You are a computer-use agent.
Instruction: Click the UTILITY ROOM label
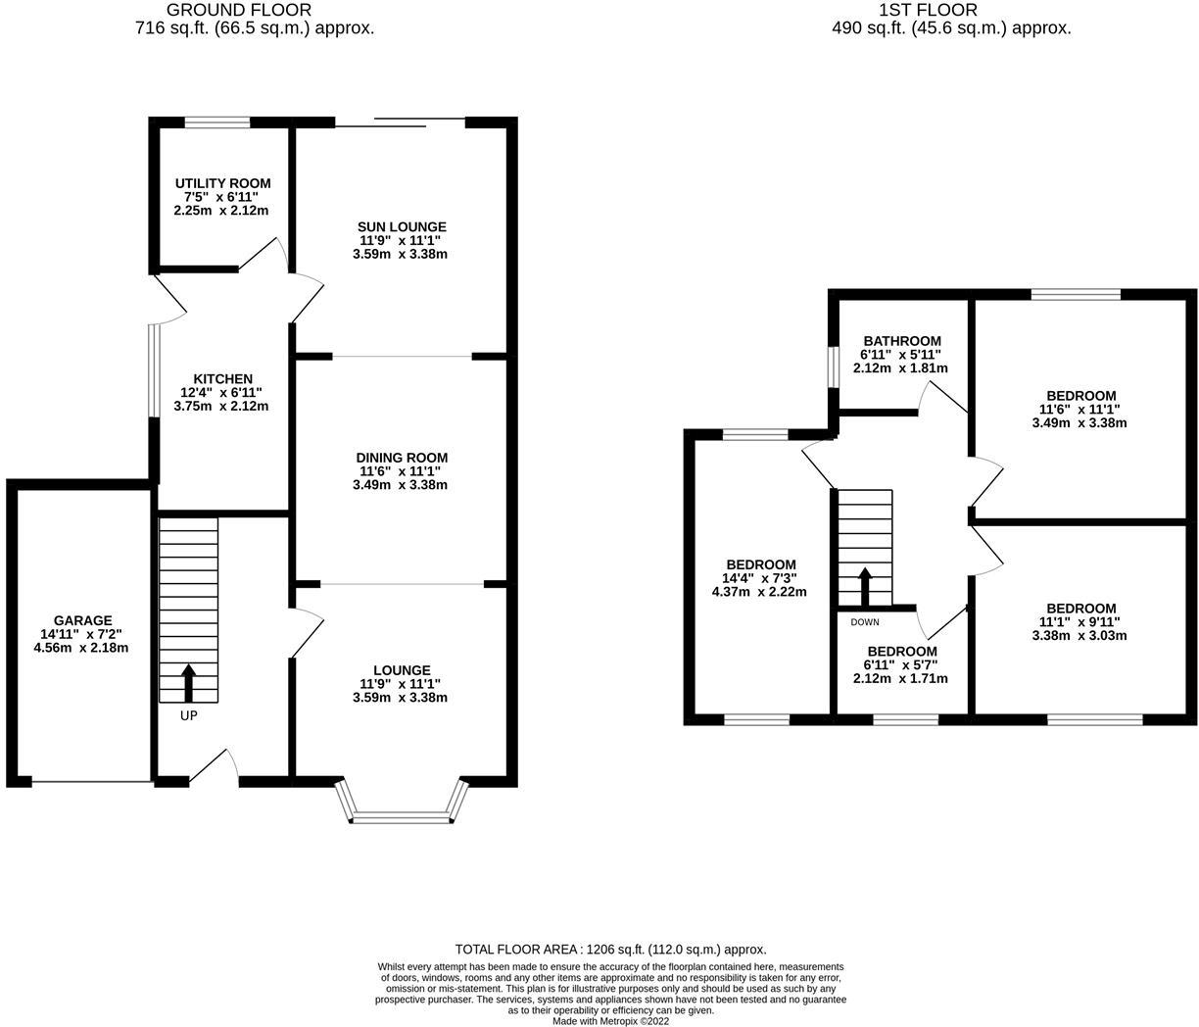[x=222, y=183]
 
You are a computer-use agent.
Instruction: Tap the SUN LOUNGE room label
[x=402, y=227]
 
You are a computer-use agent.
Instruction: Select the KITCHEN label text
[x=222, y=379]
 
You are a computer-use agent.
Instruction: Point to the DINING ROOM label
[x=402, y=458]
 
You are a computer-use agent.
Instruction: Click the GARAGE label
[x=83, y=620]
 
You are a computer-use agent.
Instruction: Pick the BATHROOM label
[x=902, y=341]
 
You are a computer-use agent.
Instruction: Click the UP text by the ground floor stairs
[x=188, y=716]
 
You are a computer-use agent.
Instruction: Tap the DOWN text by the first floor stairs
[x=864, y=622]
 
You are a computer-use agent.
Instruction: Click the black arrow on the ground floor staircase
[x=188, y=683]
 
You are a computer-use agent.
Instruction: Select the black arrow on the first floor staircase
[x=864, y=587]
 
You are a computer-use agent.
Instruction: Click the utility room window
[x=217, y=122]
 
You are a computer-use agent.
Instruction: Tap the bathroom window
[x=834, y=367]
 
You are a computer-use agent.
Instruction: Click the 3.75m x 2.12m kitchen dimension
[x=221, y=406]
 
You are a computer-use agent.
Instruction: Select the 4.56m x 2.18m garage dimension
[x=81, y=648]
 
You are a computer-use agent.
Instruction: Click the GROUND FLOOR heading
[x=238, y=10]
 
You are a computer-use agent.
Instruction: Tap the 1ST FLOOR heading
[x=928, y=10]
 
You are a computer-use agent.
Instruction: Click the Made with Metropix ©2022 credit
[x=610, y=1021]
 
